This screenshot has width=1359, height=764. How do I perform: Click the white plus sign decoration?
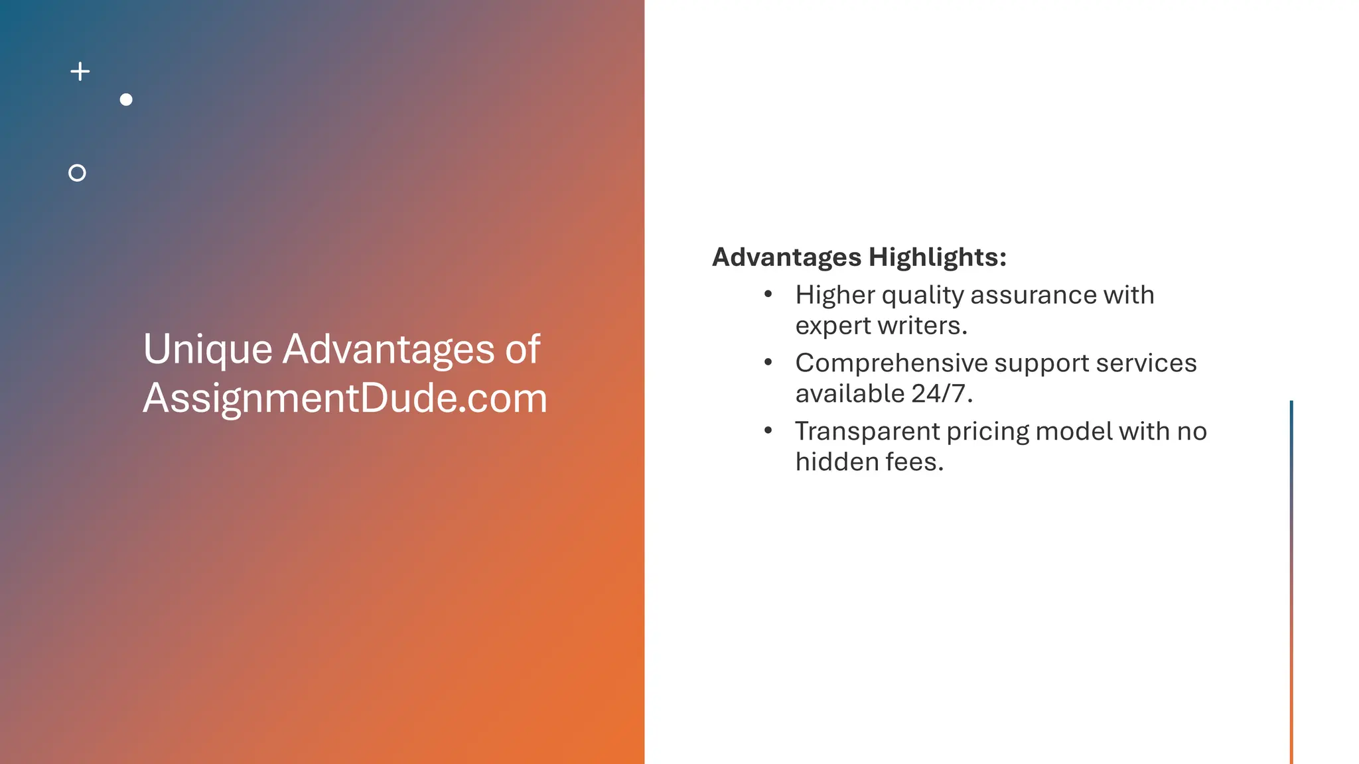coord(80,72)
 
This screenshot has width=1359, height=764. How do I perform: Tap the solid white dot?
coord(126,99)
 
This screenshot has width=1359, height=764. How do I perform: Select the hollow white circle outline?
coord(77,173)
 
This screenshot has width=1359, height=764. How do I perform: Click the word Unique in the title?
coord(208,350)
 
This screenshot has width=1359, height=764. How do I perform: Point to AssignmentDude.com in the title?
coord(345,399)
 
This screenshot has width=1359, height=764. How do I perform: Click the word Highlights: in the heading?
coord(937,257)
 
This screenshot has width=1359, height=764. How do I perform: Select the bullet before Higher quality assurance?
coord(768,294)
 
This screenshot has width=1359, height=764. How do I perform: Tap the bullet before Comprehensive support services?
coord(768,362)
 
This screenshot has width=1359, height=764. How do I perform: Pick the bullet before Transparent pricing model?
coord(768,430)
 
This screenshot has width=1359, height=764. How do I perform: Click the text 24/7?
coord(942,394)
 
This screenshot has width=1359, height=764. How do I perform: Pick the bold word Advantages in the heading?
coord(786,257)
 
